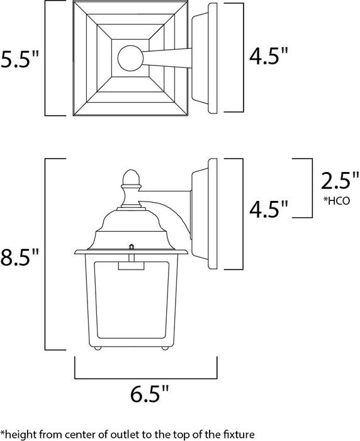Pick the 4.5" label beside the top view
pyautogui.click(x=267, y=58)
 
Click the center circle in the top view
pyautogui.click(x=130, y=59)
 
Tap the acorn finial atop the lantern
pyautogui.click(x=131, y=178)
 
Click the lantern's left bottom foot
pyautogui.click(x=97, y=346)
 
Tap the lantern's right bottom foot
pyautogui.click(x=165, y=346)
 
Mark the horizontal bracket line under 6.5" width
pyautogui.click(x=146, y=378)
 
